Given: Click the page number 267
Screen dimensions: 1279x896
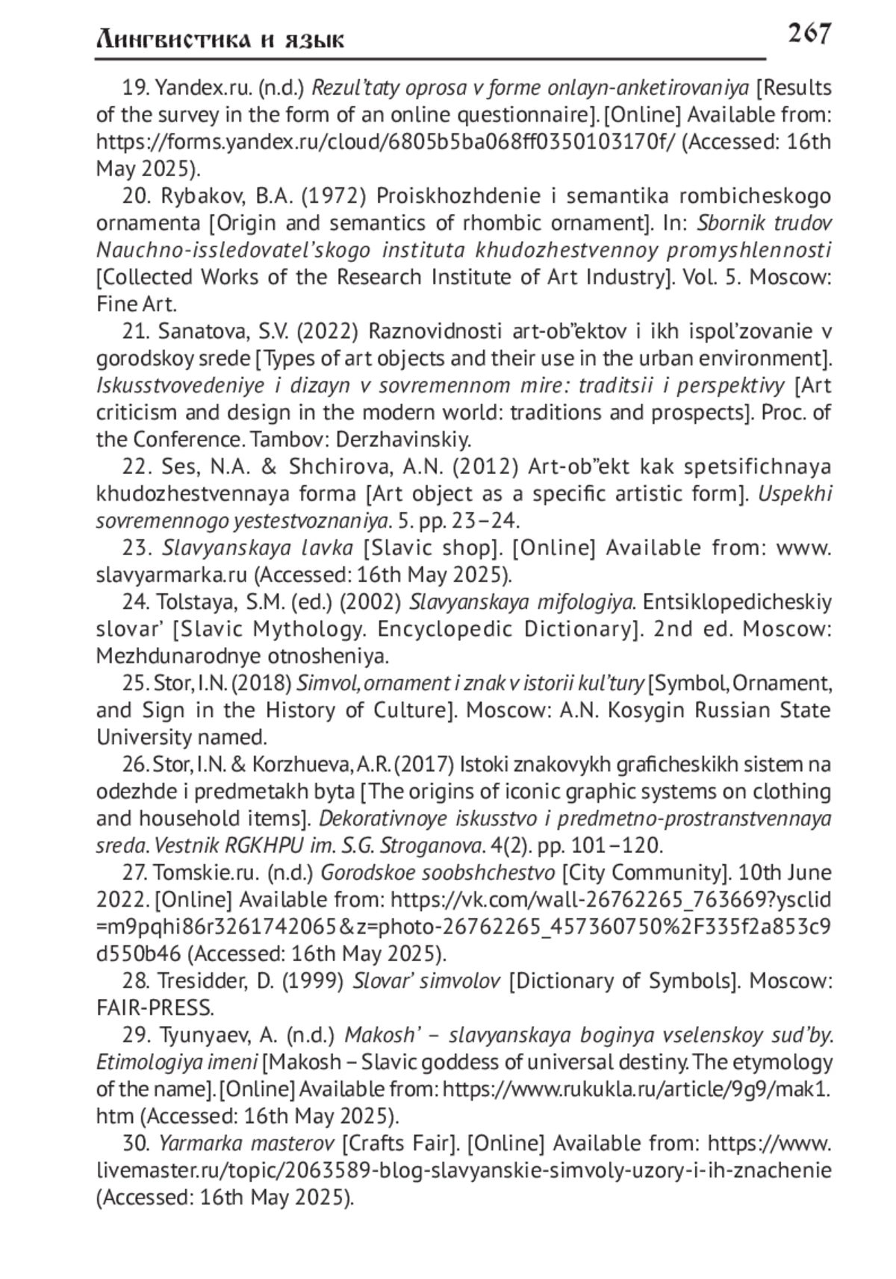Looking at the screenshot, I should point(809,34).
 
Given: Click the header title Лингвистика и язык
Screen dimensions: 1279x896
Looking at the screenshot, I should point(220,40).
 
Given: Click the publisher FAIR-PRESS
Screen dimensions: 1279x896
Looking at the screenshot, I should point(155,1008).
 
